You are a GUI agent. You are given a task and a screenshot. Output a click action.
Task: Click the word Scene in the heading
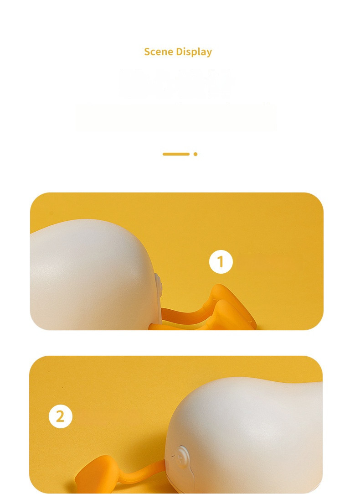point(159,52)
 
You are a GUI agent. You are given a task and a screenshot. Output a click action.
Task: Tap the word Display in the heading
point(194,52)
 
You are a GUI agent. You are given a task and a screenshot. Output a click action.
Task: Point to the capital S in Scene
point(147,52)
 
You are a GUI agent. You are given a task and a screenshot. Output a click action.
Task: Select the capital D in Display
point(179,52)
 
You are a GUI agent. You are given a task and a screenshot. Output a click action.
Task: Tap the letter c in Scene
point(153,53)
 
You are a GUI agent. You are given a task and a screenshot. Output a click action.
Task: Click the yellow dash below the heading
point(176,154)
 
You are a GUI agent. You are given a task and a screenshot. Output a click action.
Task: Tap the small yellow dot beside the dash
point(195,154)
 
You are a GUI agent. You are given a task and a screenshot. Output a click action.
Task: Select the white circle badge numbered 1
point(221,262)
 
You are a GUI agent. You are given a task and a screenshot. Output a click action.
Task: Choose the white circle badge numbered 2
point(61,416)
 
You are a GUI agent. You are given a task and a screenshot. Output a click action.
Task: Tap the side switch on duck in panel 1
point(158,286)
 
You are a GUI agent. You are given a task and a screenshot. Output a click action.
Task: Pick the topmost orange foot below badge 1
point(225,295)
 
